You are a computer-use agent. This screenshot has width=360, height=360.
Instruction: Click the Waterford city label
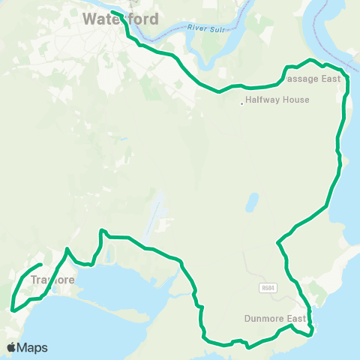coord(121,18)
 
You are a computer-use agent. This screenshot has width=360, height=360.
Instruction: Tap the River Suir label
coord(208,28)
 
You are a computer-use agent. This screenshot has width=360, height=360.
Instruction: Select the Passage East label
coord(313,79)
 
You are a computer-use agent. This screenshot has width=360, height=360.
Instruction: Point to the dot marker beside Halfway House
coord(241,103)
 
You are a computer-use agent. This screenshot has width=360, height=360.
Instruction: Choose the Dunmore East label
coord(275,318)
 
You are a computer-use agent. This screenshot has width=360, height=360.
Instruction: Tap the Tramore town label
coord(54,280)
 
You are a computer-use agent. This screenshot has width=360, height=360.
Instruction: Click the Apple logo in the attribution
coord(12,347)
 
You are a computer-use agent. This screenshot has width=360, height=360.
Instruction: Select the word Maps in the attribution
coord(33,347)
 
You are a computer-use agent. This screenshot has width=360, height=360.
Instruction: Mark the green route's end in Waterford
coord(112,11)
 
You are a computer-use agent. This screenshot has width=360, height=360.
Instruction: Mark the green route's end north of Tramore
coord(40,265)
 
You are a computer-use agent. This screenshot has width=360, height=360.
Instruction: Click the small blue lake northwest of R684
coord(252,202)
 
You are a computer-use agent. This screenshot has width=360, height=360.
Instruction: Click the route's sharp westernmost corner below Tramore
coord(13,308)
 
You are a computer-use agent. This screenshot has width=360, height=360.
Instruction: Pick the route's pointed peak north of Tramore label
coord(67,249)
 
